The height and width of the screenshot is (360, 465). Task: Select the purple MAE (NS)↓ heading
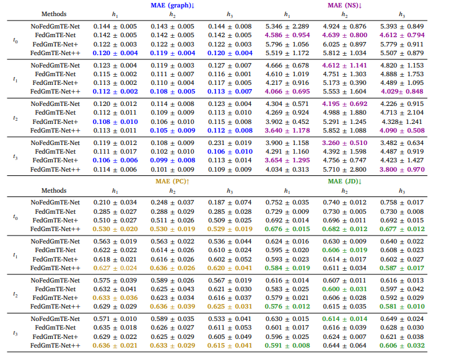click(x=344, y=5)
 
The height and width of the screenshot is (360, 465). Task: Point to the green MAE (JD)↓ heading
click(x=344, y=182)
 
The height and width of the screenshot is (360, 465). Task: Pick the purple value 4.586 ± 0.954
click(x=287, y=36)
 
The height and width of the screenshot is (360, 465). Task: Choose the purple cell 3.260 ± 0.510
click(x=345, y=143)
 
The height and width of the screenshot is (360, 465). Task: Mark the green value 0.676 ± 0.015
click(x=287, y=229)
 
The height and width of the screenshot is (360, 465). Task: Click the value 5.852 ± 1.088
click(x=345, y=130)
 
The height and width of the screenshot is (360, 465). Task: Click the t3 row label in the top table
click(x=15, y=156)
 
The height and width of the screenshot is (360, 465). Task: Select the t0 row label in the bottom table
click(x=15, y=216)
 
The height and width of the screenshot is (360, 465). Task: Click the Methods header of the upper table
click(x=54, y=14)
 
